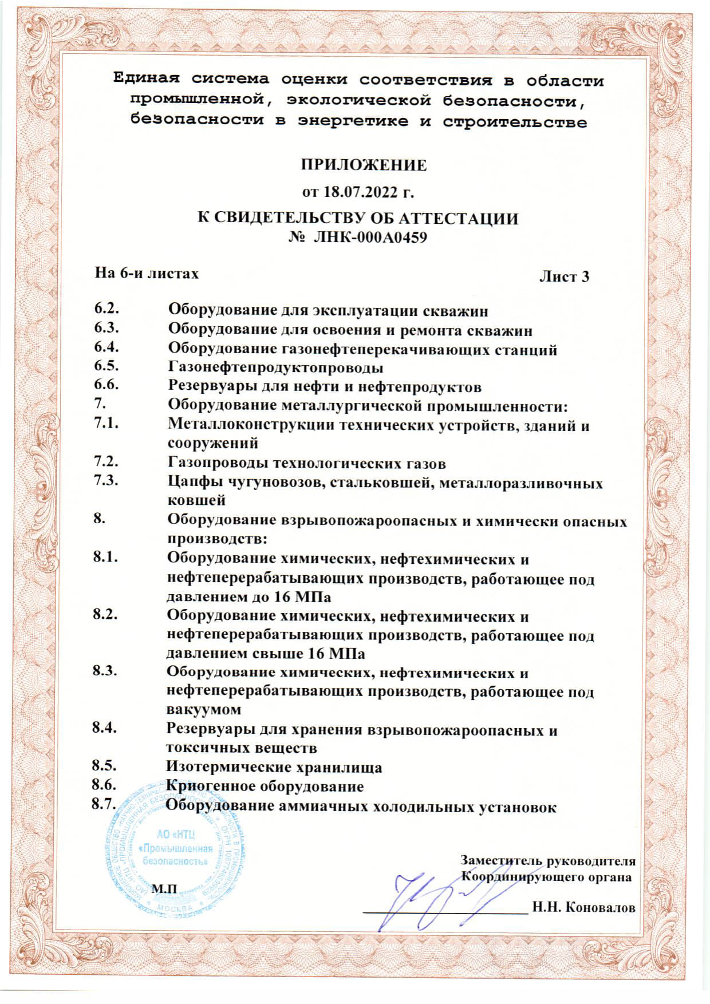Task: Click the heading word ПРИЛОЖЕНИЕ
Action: (x=364, y=165)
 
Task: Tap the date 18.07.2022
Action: (x=362, y=192)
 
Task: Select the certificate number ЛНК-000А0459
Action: (x=370, y=237)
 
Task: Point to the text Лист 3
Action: (x=564, y=277)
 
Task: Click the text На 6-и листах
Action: (x=147, y=273)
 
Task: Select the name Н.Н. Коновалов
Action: (x=583, y=908)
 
